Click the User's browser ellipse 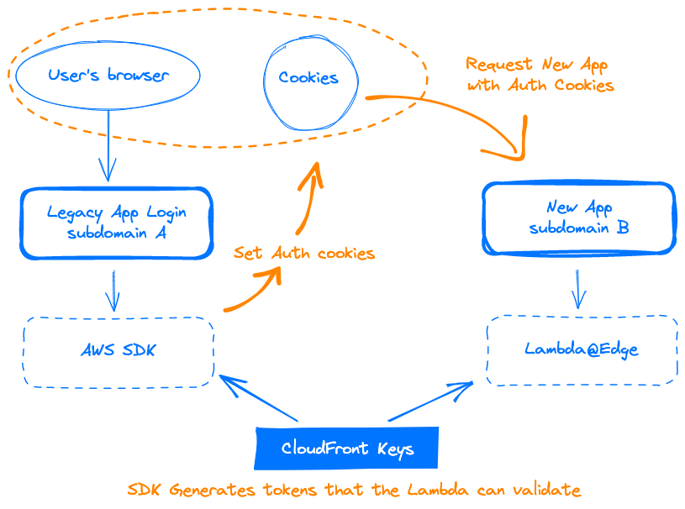[108, 76]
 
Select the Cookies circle [308, 78]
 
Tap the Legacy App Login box [116, 223]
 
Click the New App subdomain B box [578, 218]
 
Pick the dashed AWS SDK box [119, 351]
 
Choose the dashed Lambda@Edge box [582, 349]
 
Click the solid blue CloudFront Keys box [347, 449]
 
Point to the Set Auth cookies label [304, 253]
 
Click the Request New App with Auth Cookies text [540, 75]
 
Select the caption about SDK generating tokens [354, 490]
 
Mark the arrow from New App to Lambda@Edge [577, 288]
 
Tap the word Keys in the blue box [395, 449]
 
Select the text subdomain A [116, 233]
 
